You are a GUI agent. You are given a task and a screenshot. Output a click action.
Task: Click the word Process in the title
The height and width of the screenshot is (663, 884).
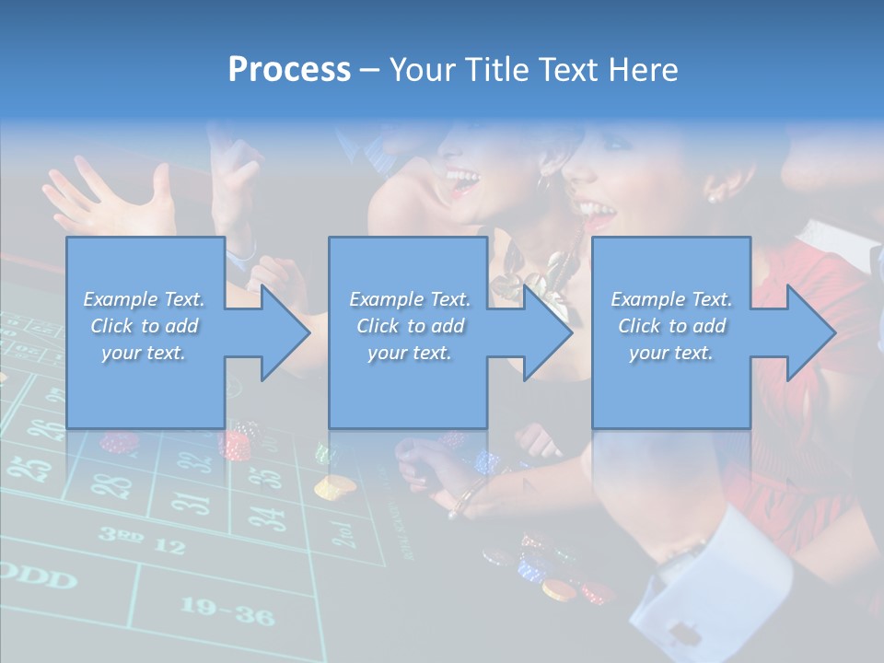(x=289, y=70)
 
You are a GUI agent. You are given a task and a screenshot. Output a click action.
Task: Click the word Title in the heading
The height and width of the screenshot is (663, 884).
(x=494, y=70)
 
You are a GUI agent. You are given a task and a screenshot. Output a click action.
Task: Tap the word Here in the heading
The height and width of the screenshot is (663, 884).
(x=643, y=70)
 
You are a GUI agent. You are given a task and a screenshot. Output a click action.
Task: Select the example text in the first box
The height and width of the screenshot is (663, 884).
(x=144, y=326)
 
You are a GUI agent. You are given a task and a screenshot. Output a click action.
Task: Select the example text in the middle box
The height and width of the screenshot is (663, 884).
(x=409, y=326)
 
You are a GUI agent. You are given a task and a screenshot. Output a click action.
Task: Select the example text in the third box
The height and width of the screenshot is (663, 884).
(x=670, y=326)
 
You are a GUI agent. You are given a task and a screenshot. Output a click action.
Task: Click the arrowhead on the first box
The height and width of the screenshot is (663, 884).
(x=281, y=332)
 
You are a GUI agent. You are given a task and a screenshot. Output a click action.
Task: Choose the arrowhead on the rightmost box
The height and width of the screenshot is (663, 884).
(x=807, y=332)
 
